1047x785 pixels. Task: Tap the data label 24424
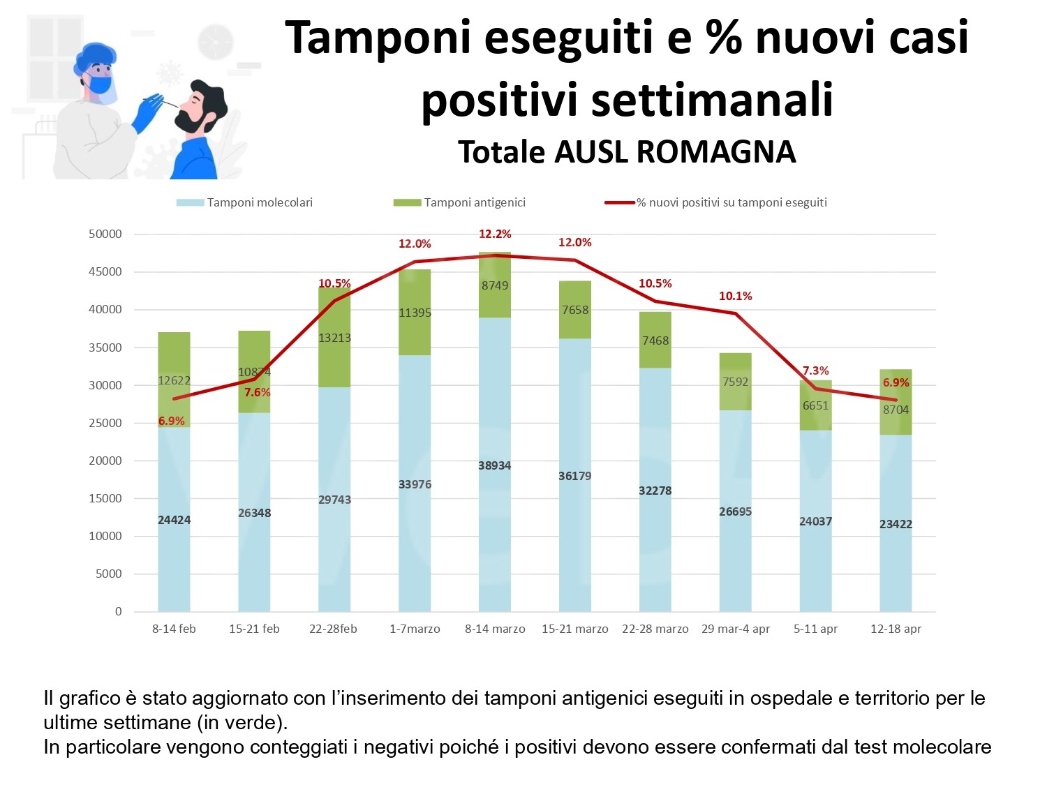point(174,520)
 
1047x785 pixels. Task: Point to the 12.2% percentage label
point(495,234)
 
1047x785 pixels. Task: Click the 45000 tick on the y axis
point(105,271)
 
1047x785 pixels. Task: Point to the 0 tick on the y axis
point(118,611)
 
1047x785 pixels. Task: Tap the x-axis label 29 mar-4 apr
point(736,629)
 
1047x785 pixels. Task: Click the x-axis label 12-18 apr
point(896,629)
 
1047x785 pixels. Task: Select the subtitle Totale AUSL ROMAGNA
point(627,152)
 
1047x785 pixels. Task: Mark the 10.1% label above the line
point(736,296)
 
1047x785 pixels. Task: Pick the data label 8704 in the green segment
point(896,410)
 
